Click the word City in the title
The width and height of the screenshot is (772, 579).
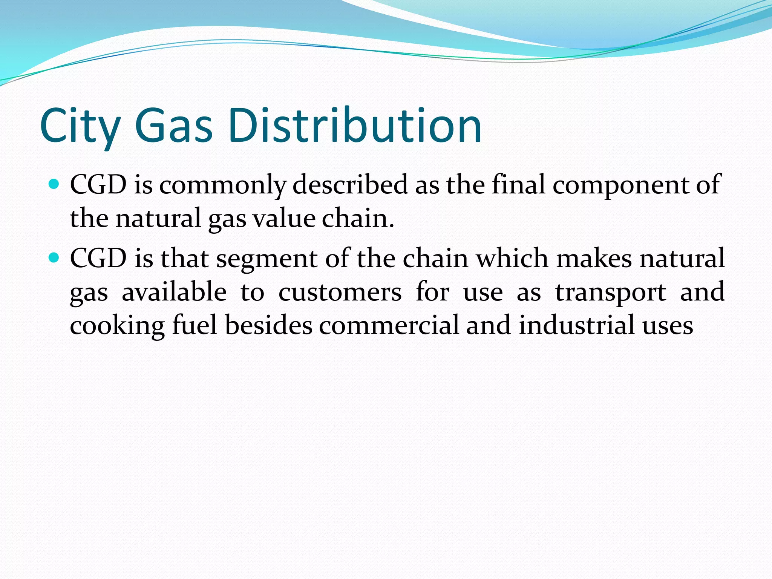pos(80,126)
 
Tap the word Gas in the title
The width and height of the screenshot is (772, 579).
pos(173,126)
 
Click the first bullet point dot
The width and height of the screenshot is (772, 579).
pos(54,184)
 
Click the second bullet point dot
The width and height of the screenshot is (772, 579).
pos(54,258)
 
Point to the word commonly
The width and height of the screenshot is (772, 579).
pos(222,185)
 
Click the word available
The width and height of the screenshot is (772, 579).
pos(174,292)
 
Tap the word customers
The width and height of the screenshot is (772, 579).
pos(340,293)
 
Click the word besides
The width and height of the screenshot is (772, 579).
pos(269,325)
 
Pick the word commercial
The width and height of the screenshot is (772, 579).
pos(389,325)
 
